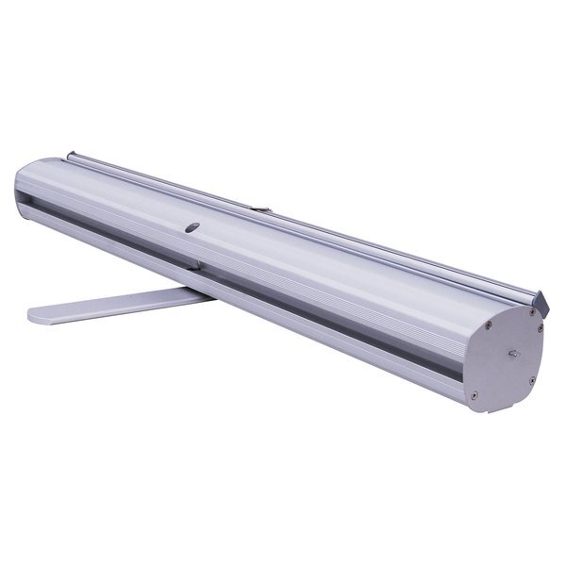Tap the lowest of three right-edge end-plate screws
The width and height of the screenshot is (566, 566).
click(x=532, y=380)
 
